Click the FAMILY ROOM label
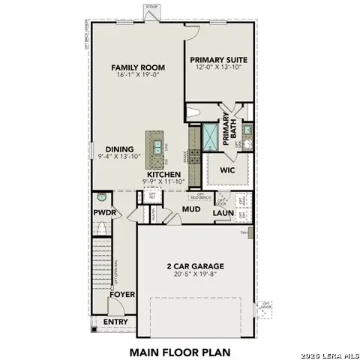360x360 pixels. [138, 67]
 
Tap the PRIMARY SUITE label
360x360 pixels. [217, 60]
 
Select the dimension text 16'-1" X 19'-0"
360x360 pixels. [138, 76]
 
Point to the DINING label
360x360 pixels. [119, 148]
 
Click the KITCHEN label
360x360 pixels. [163, 174]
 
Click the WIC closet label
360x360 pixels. [228, 170]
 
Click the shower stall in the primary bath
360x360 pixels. [210, 136]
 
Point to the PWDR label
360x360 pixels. [103, 212]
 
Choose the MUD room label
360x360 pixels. [192, 208]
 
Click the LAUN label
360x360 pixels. [223, 213]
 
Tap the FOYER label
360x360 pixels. [121, 294]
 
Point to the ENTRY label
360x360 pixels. [115, 322]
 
